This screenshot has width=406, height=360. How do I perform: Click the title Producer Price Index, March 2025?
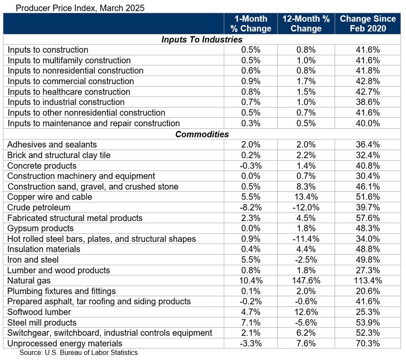(x=74, y=7)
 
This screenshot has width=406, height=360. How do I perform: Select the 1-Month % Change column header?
(x=250, y=23)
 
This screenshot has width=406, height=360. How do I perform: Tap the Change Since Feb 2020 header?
(x=367, y=23)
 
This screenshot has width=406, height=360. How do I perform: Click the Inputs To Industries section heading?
(x=202, y=40)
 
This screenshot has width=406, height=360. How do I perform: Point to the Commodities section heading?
(x=202, y=134)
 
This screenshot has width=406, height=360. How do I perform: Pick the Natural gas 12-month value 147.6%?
(x=306, y=281)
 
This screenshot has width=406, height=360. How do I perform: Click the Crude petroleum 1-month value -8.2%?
(x=250, y=208)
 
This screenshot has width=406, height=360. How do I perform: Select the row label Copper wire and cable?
(x=50, y=197)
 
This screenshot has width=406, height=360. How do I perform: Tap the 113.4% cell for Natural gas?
(x=367, y=281)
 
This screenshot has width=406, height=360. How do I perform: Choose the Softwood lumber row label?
(x=39, y=312)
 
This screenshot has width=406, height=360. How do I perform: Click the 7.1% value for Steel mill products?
(x=250, y=323)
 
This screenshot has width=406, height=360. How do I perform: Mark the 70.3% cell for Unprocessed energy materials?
(x=367, y=343)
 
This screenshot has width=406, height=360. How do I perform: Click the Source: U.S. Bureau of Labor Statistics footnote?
(x=79, y=353)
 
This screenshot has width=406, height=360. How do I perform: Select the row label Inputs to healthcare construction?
(x=69, y=92)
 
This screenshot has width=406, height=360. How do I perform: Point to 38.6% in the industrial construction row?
(x=367, y=102)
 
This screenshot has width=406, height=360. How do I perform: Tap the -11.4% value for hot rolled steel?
(x=306, y=239)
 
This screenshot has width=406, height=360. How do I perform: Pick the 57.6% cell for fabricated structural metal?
(x=367, y=218)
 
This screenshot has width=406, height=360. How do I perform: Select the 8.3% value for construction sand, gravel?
(x=306, y=187)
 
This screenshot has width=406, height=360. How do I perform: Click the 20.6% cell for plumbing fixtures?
(x=367, y=291)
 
